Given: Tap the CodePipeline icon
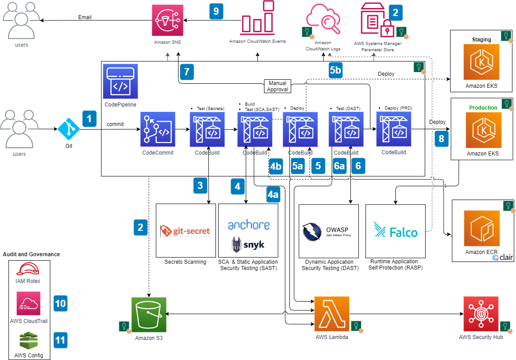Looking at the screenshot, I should (120, 81).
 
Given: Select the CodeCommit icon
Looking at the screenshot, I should (158, 129).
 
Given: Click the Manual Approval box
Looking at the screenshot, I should (278, 86).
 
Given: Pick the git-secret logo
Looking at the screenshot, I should (185, 231).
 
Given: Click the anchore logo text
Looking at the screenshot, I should (248, 225).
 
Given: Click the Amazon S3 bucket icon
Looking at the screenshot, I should (149, 315).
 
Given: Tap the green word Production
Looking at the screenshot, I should (483, 108).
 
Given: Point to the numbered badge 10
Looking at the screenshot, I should (60, 304).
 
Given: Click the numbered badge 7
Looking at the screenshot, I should (187, 72).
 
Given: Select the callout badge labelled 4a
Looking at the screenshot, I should (273, 194).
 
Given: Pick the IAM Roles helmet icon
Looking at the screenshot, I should (28, 270).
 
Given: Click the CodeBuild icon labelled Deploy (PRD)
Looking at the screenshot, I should (394, 129).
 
